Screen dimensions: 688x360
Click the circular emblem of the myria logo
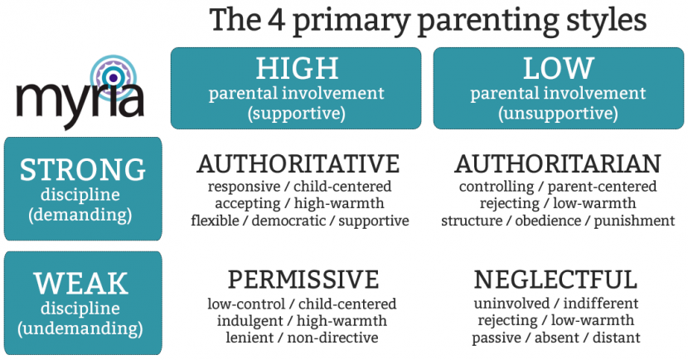[x=114, y=78]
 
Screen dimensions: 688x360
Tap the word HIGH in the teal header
[x=297, y=68]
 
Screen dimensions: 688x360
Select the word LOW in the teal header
[x=558, y=68]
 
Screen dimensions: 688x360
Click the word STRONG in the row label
[x=83, y=170]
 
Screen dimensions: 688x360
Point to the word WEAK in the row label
[x=80, y=284]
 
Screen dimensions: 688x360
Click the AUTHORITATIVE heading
[x=298, y=164]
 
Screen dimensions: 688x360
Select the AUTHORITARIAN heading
[x=558, y=164]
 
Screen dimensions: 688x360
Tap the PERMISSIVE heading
[x=303, y=280]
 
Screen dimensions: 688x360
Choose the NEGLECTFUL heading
[x=555, y=280]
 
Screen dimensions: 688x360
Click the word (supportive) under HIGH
[x=297, y=114]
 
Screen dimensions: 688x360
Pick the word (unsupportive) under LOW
[x=558, y=114]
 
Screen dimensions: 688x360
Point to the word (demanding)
[x=80, y=215]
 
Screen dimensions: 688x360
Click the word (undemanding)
[x=80, y=328]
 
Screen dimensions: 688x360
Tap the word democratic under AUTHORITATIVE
[x=288, y=221]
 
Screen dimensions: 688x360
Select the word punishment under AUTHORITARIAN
[x=634, y=221]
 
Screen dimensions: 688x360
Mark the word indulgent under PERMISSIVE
[x=250, y=321]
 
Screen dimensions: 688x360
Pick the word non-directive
[x=332, y=338]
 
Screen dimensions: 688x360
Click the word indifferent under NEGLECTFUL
[x=601, y=304]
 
